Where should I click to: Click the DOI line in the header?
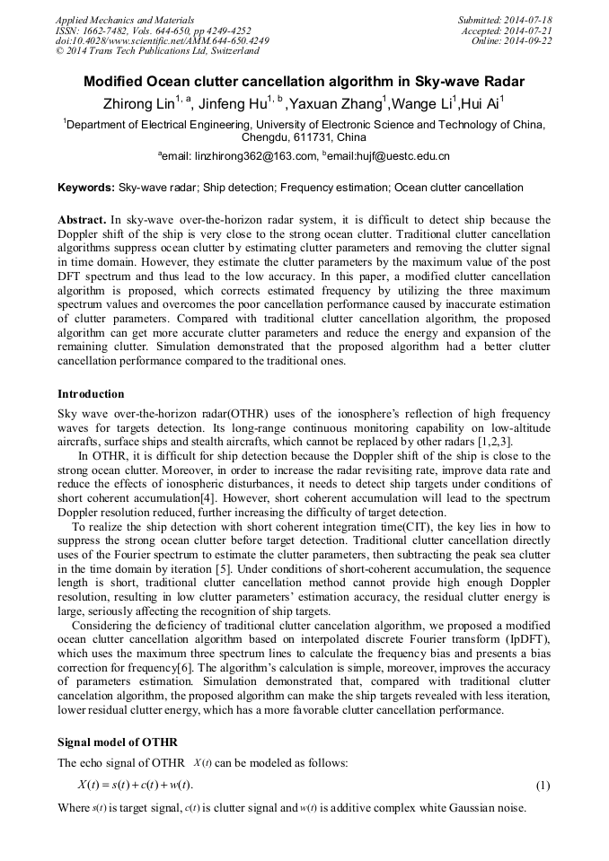[162, 40]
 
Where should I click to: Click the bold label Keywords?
[86, 188]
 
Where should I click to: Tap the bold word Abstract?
[82, 220]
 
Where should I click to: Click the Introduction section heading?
[91, 394]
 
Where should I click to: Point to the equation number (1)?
[543, 786]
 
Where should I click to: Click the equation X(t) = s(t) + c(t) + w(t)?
[136, 786]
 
